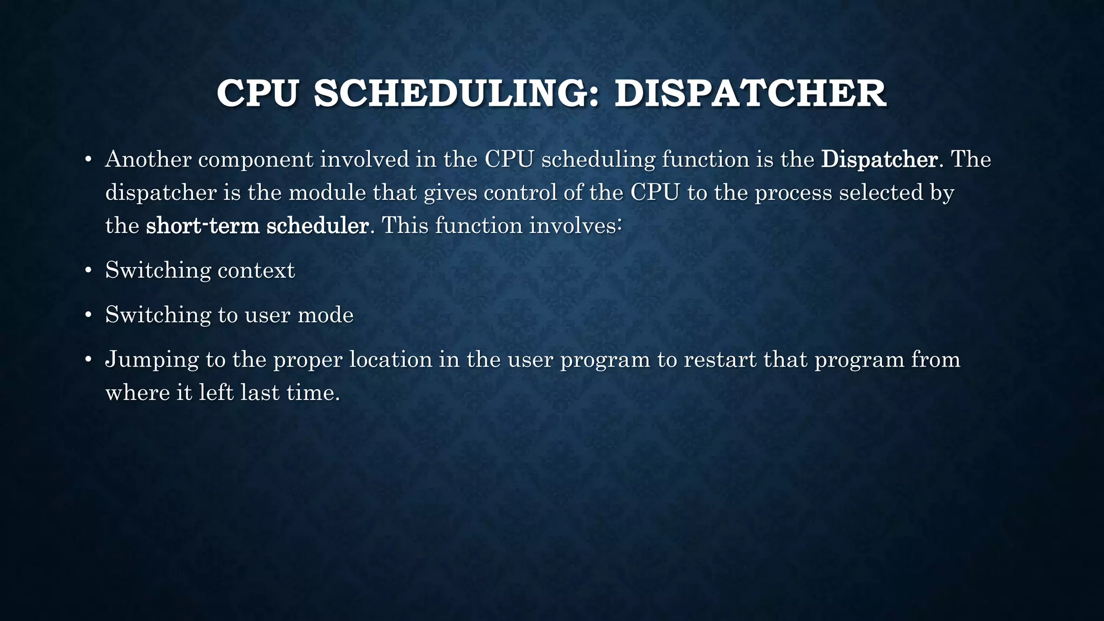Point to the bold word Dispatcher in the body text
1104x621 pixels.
(879, 160)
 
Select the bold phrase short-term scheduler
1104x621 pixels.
(257, 225)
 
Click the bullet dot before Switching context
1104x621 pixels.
(88, 271)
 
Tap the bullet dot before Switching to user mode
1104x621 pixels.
(88, 315)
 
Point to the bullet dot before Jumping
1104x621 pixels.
(88, 360)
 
